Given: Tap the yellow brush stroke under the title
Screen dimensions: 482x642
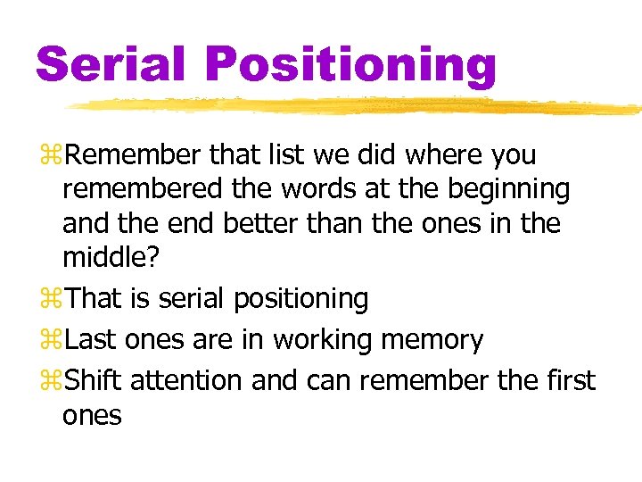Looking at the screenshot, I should pyautogui.click(x=357, y=106).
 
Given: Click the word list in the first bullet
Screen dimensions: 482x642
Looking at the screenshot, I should pyautogui.click(x=271, y=155).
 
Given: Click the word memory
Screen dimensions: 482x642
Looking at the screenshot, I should pyautogui.click(x=434, y=341).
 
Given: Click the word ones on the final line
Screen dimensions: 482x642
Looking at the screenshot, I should pyautogui.click(x=92, y=416).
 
